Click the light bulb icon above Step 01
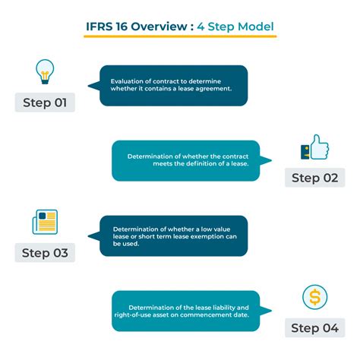pyautogui.click(x=45, y=71)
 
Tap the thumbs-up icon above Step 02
pyautogui.click(x=314, y=147)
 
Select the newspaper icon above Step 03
pyautogui.click(x=45, y=222)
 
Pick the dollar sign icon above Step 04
pyautogui.click(x=315, y=297)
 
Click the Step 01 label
pyautogui.click(x=45, y=103)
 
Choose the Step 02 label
pyautogui.click(x=315, y=178)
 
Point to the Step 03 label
pyautogui.click(x=45, y=253)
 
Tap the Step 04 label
pyautogui.click(x=315, y=328)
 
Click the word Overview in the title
pyautogui.click(x=159, y=27)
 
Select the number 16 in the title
pyautogui.click(x=122, y=27)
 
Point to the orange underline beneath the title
pyautogui.click(x=180, y=36)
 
